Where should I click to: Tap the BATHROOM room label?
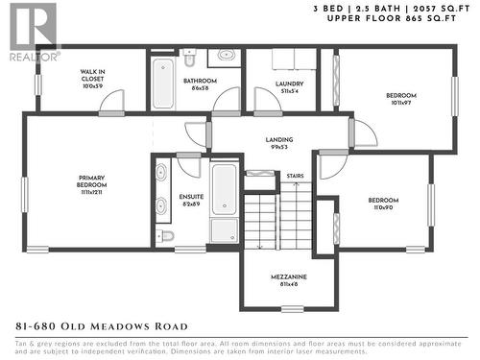click(x=201, y=84)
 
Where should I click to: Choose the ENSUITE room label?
click(x=190, y=201)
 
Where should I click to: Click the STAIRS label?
click(x=295, y=176)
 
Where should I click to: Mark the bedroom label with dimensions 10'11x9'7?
click(x=401, y=97)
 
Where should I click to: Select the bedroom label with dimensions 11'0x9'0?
click(x=382, y=204)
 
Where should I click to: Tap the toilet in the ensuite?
click(x=166, y=235)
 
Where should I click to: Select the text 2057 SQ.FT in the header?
click(x=447, y=8)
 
